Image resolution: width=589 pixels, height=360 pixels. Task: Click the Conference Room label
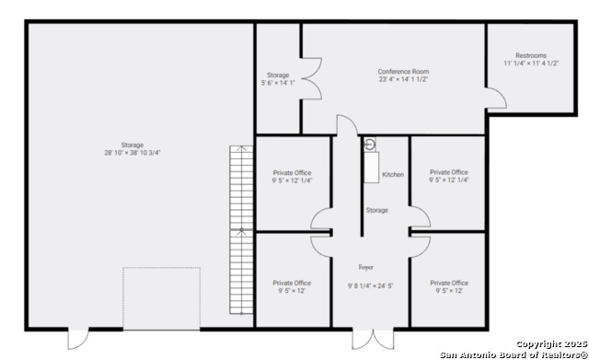pyautogui.click(x=403, y=72)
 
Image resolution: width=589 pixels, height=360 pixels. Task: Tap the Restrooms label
pyautogui.click(x=531, y=55)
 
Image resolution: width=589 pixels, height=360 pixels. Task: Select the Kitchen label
pyautogui.click(x=393, y=174)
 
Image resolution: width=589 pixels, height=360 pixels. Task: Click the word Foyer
pyautogui.click(x=366, y=267)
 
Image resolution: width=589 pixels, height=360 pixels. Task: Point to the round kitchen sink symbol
pyautogui.click(x=370, y=145)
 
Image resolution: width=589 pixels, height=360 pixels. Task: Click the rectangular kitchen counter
pyautogui.click(x=372, y=168)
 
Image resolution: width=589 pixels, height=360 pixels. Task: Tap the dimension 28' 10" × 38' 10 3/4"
pyautogui.click(x=133, y=153)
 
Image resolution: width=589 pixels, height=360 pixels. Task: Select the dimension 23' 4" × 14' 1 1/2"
pyautogui.click(x=403, y=79)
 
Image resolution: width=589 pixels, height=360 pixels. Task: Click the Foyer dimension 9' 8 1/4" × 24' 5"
pyautogui.click(x=370, y=286)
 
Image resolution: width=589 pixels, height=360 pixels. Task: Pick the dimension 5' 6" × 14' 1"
pyautogui.click(x=278, y=83)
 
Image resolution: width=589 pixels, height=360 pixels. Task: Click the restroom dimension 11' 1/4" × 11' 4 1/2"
pyautogui.click(x=531, y=64)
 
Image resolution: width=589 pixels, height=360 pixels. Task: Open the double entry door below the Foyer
pyautogui.click(x=373, y=338)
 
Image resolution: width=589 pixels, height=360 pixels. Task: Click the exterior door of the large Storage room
pyautogui.click(x=78, y=338)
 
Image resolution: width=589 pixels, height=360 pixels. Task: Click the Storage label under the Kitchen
pyautogui.click(x=376, y=211)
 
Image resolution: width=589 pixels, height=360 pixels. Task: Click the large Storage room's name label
pyautogui.click(x=133, y=145)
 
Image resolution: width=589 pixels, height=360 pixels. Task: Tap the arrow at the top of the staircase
pyautogui.click(x=241, y=148)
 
